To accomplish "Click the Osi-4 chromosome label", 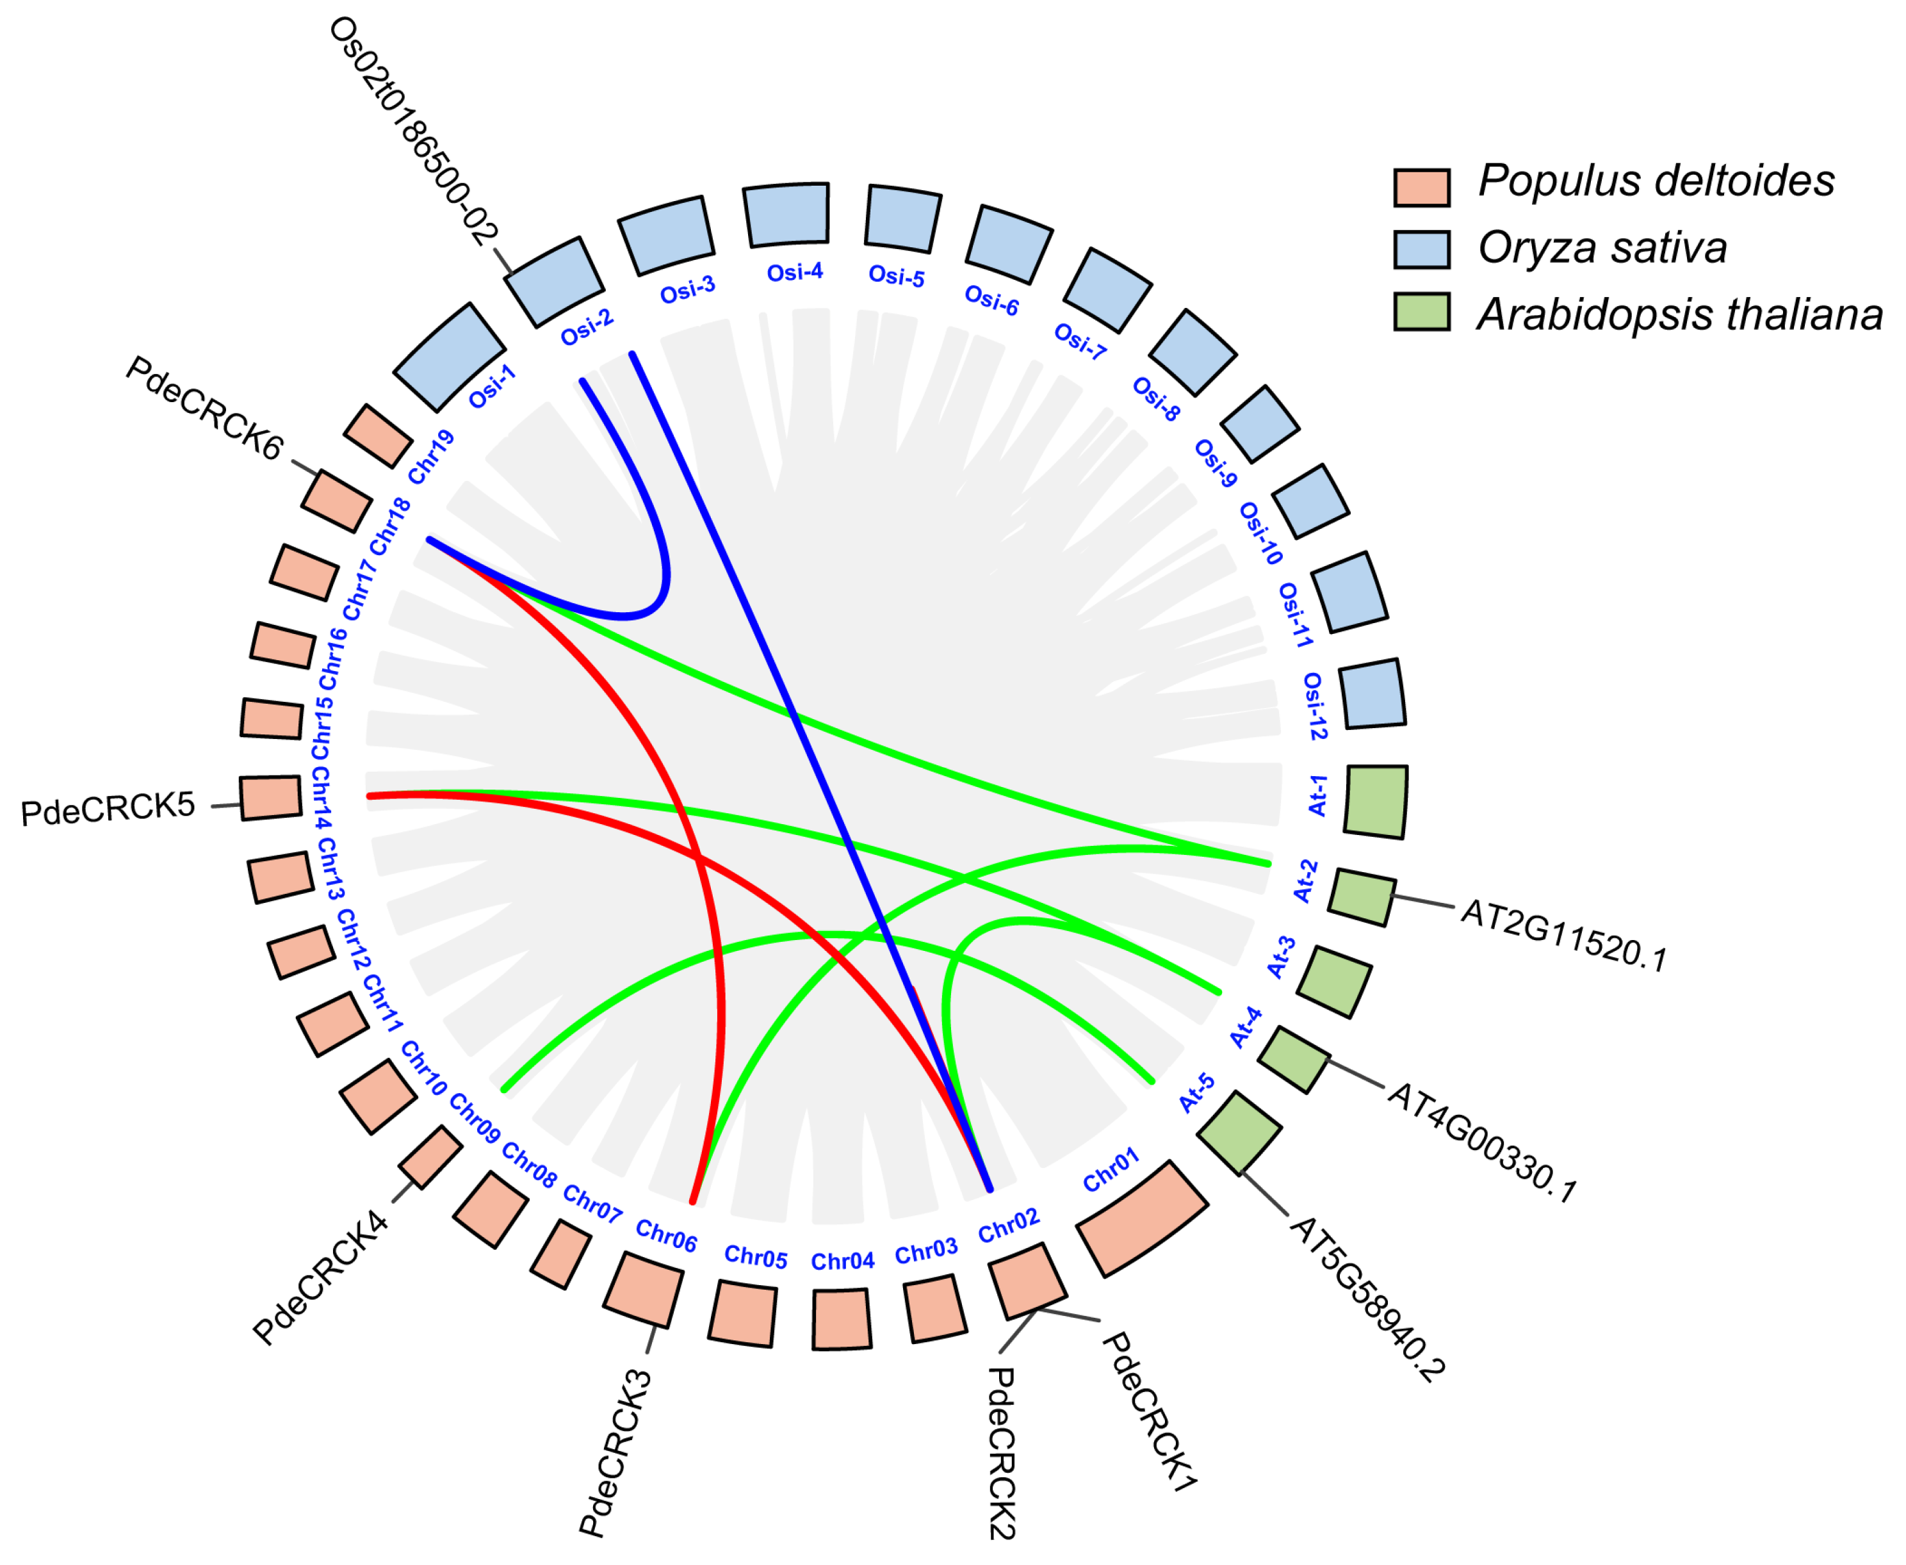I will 794,272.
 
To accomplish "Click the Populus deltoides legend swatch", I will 1421,188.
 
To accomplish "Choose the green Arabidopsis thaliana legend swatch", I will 1421,312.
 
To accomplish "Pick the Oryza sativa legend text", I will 1601,248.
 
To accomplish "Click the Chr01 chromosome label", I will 1111,1169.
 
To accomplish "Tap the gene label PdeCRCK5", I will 108,809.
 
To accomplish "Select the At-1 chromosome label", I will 1317,796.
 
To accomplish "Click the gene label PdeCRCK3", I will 615,1452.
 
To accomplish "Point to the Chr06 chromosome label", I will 666,1235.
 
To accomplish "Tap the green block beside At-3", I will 1333,982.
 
